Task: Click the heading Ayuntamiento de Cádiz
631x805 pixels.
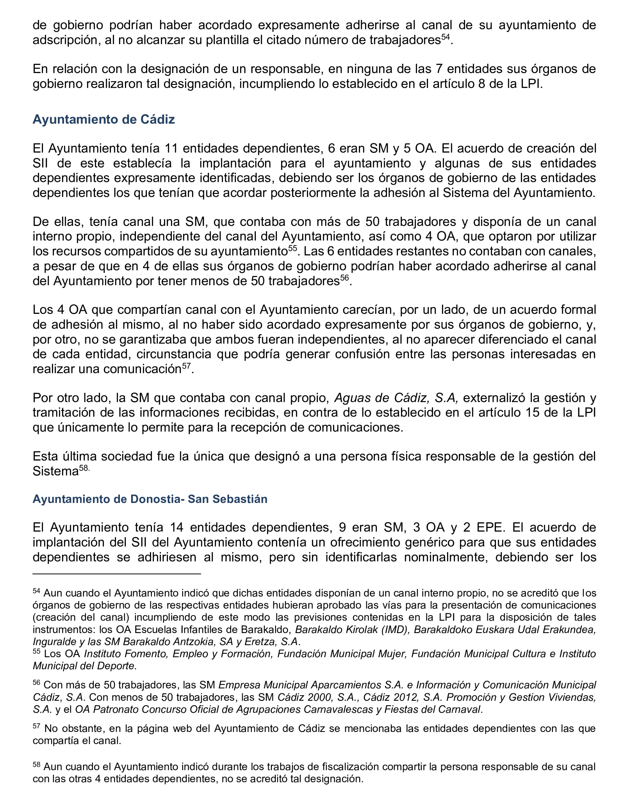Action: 104,119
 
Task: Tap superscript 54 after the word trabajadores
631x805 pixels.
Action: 445,37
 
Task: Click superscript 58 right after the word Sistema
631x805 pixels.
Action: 84,468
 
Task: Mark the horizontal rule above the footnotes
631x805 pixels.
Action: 116,574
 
